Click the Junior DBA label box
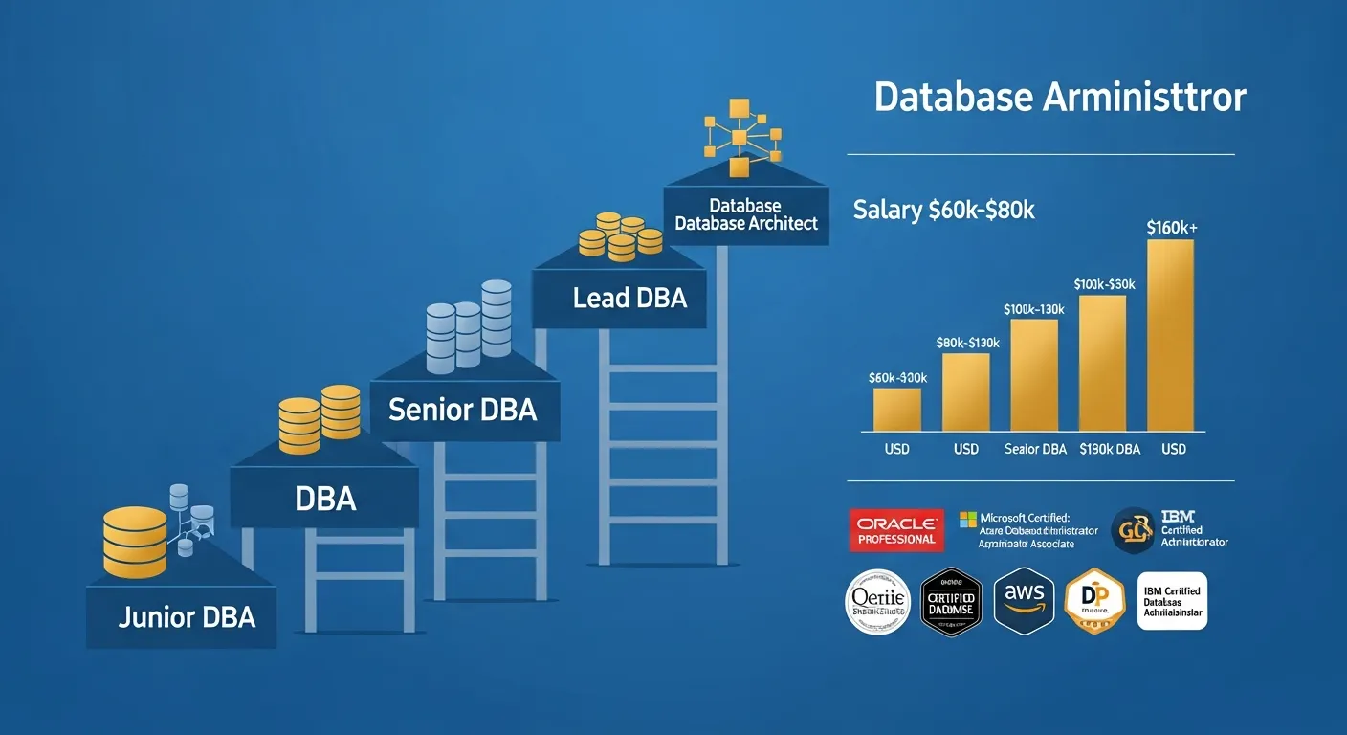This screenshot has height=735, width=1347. point(187,617)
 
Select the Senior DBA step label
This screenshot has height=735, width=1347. point(463,410)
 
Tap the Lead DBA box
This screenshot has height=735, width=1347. point(629,298)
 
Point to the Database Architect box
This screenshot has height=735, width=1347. point(745,214)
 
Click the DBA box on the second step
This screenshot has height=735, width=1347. point(324,498)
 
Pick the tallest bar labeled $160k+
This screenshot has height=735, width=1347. point(1170,335)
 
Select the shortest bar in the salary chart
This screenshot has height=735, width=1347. point(897,410)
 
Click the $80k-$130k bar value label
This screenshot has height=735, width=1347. point(966,343)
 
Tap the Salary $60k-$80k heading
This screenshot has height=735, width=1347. point(943,211)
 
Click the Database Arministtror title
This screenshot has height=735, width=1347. point(1060,98)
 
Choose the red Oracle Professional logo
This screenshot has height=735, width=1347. point(896,530)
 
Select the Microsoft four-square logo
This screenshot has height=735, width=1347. point(967,519)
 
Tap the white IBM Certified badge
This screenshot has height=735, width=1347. point(1172,601)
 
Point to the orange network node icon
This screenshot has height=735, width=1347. point(738,138)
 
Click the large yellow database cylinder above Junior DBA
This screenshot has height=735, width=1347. point(134,542)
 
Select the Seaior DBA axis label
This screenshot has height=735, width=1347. point(1035,449)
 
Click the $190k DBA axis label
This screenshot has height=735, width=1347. point(1109,449)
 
